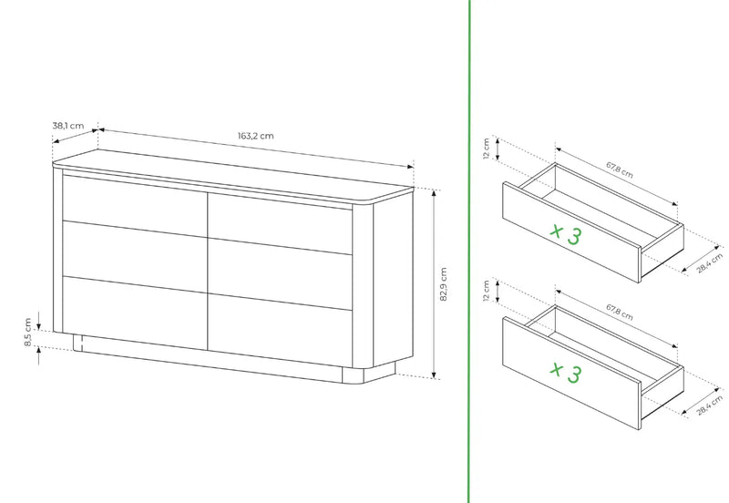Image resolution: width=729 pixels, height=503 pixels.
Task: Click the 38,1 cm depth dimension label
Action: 67,126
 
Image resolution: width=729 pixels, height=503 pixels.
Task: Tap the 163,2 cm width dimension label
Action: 256,136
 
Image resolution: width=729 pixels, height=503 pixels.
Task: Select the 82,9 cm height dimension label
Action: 443,284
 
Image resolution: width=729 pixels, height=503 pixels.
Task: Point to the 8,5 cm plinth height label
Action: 28,332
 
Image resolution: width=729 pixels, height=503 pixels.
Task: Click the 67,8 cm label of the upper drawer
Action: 620,169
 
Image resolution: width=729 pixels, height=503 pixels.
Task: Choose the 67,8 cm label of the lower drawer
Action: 620,312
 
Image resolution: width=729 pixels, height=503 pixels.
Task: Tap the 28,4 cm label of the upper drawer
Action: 710,262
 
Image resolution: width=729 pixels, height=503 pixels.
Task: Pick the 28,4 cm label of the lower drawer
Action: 710,405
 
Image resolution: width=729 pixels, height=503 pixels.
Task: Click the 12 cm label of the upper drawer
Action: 487,149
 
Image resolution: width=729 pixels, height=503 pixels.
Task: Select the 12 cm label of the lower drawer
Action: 487,291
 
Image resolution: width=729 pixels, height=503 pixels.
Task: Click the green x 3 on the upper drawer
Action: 565,233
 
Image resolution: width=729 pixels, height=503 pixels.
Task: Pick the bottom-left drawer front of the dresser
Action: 135,313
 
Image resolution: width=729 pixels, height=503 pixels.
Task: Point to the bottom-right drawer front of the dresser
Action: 280,331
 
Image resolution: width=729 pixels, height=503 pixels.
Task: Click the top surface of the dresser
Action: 232,175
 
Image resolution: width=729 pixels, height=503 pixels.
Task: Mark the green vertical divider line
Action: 468,251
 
